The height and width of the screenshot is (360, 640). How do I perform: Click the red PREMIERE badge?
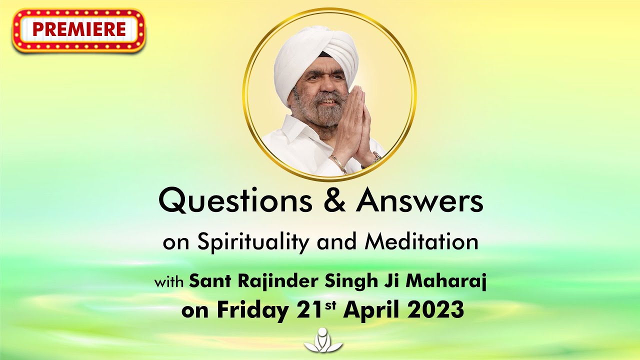click(79, 30)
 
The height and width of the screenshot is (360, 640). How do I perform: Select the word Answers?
click(420, 201)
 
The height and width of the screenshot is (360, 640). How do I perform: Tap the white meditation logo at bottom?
click(323, 341)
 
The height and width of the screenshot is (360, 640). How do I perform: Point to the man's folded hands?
click(354, 125)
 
